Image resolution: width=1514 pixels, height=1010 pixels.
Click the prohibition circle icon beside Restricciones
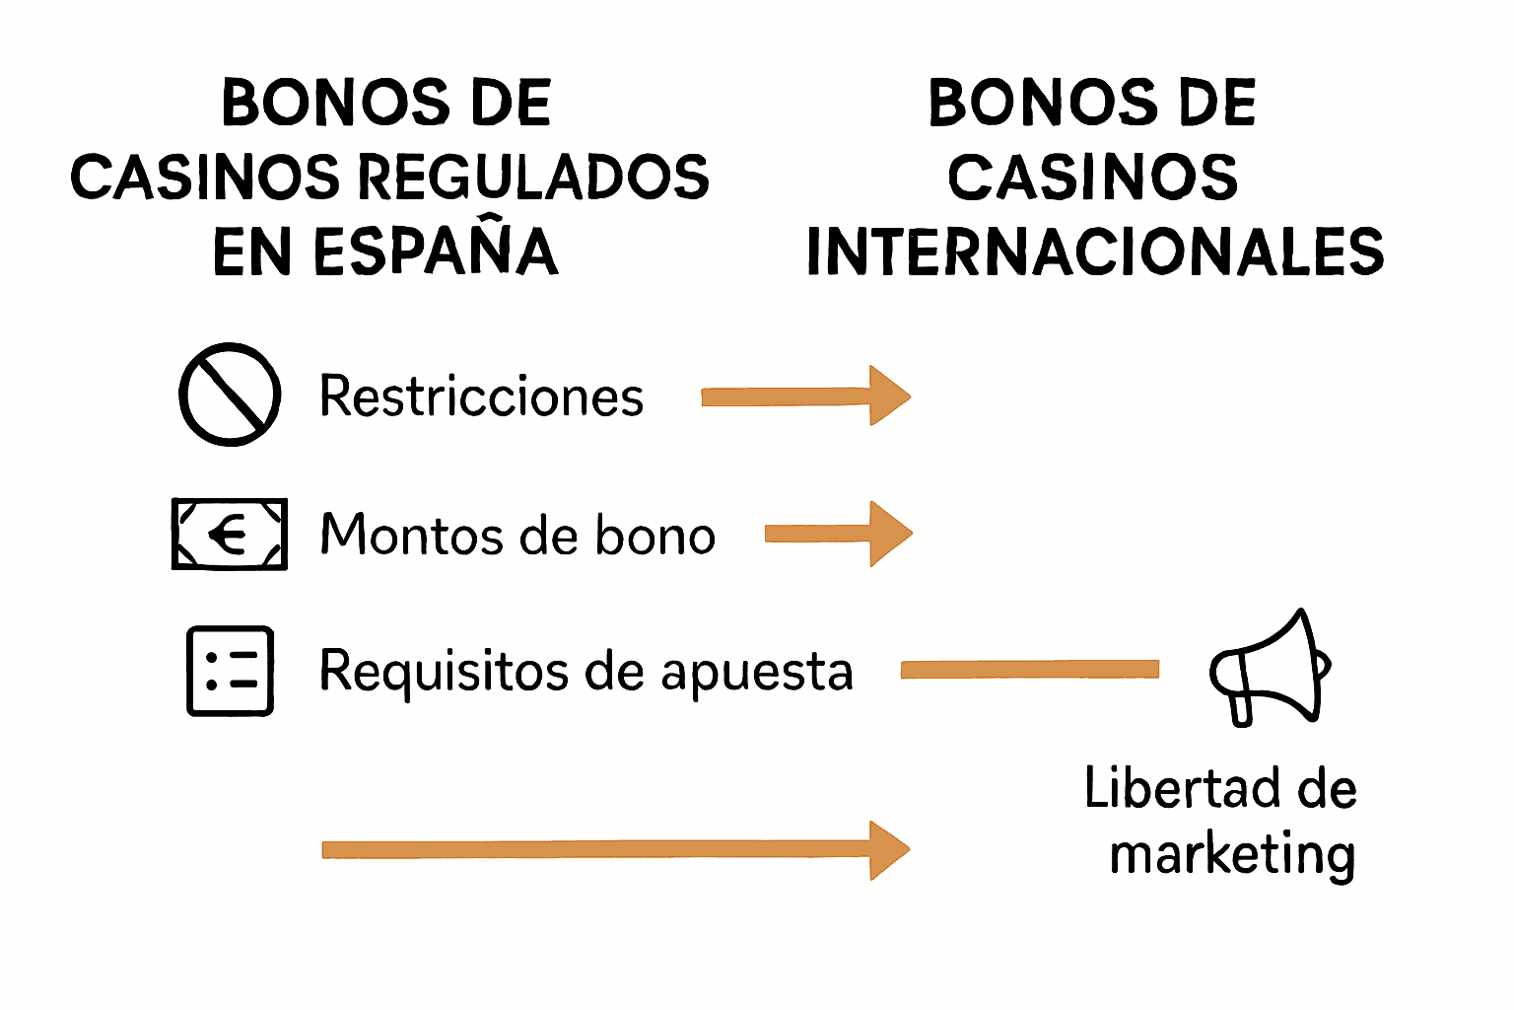click(230, 395)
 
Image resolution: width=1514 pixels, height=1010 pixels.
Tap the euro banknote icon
click(230, 535)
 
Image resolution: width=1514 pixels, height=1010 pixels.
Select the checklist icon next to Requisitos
click(230, 671)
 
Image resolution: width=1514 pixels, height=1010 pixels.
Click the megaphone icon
click(1271, 668)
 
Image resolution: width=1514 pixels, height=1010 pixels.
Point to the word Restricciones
click(481, 397)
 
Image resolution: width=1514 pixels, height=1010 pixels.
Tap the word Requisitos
click(444, 672)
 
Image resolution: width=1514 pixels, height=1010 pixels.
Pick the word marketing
click(1232, 855)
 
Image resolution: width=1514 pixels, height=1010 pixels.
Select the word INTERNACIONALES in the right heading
click(1095, 252)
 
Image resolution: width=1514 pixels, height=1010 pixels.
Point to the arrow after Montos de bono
click(838, 534)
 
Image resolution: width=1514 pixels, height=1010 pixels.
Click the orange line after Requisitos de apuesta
click(1029, 671)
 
